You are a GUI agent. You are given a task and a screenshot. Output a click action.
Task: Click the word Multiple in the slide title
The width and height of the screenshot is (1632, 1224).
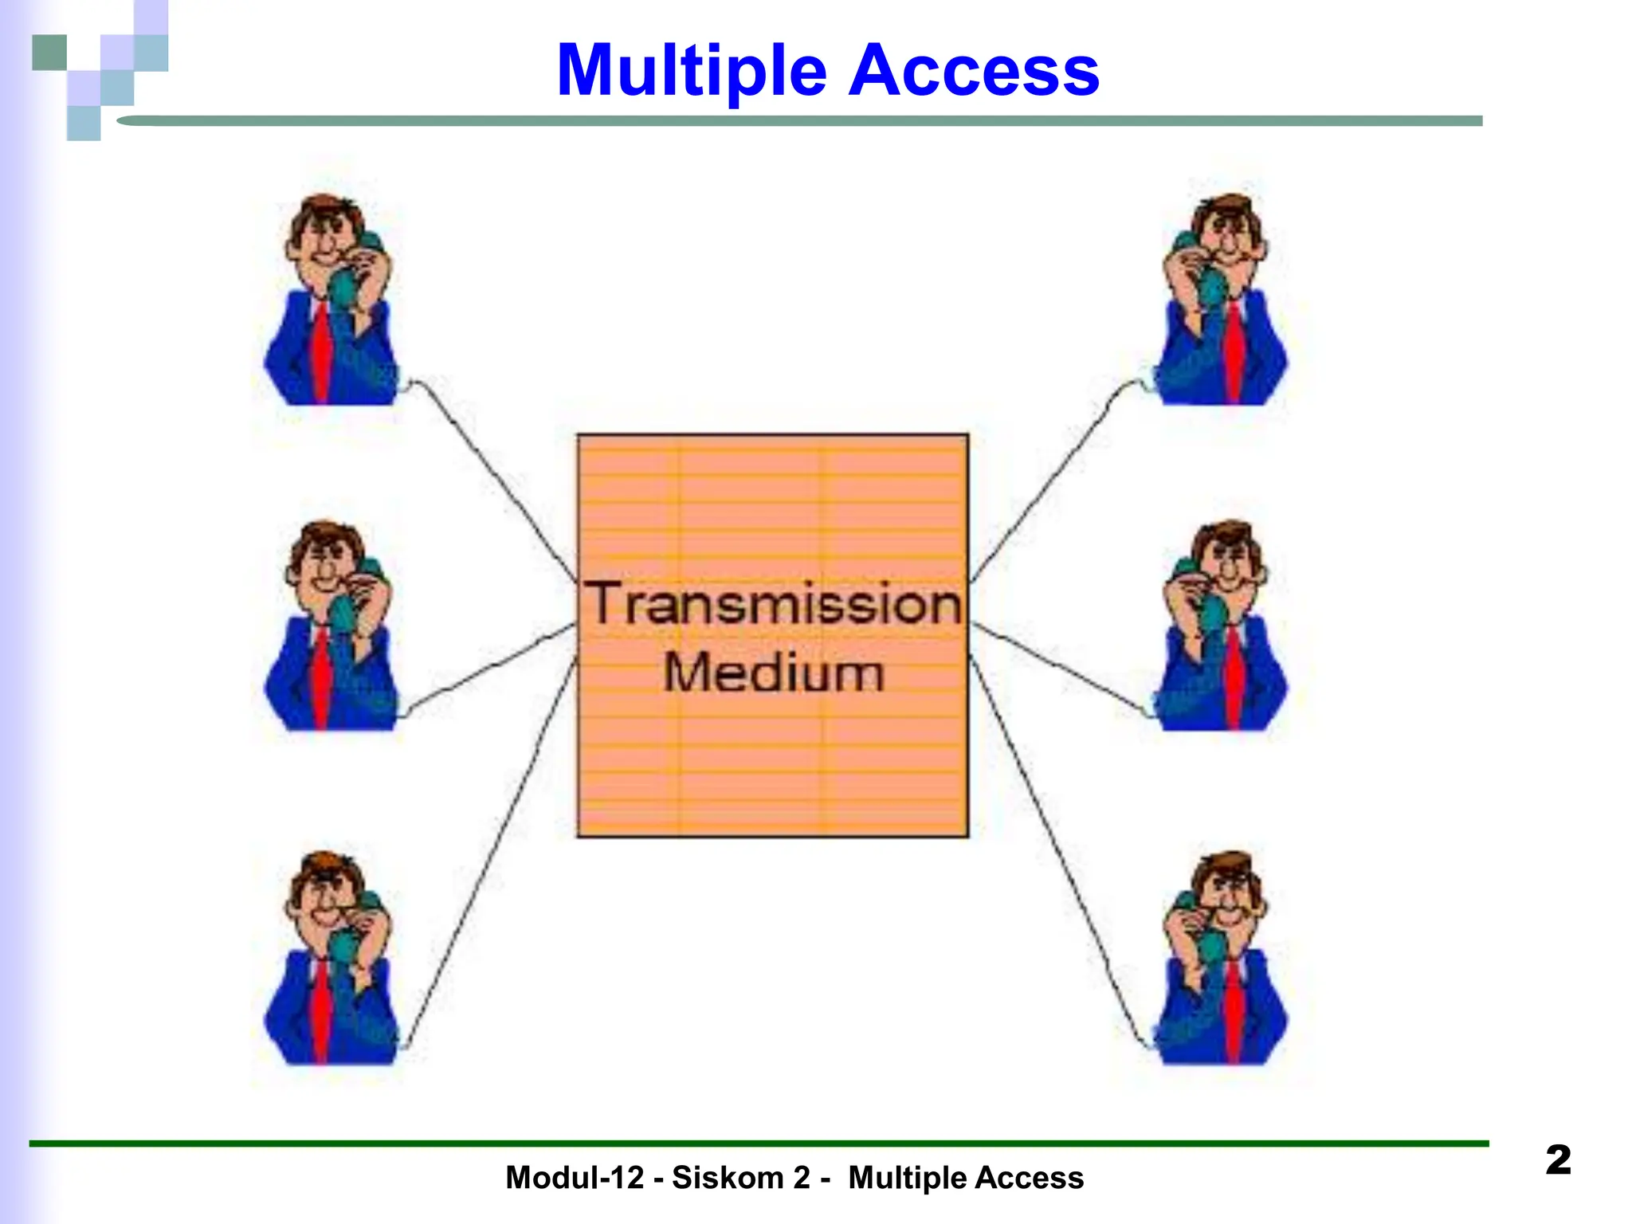point(692,72)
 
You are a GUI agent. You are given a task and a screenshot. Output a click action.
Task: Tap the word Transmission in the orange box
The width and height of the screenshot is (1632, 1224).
point(774,605)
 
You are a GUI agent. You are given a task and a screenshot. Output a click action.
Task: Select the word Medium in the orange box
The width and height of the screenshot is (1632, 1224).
point(774,673)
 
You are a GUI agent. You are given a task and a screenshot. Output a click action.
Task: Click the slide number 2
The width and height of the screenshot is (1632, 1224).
point(1558,1159)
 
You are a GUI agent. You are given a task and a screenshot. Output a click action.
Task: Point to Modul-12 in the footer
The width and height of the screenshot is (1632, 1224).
point(574,1178)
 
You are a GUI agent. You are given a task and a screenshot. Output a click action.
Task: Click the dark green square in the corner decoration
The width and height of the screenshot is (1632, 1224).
point(49,53)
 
